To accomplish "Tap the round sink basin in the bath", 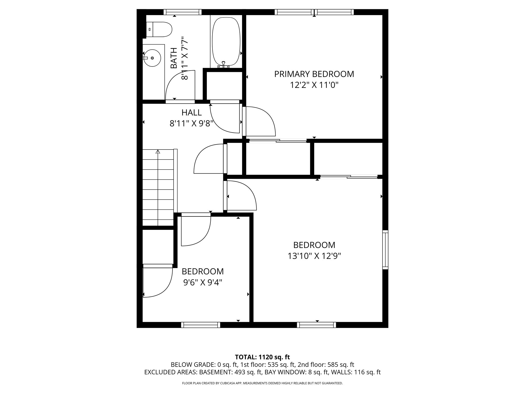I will click(152, 58).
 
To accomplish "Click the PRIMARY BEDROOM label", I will click(314, 74).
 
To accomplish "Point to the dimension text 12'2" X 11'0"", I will click(314, 85).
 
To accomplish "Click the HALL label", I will click(191, 113).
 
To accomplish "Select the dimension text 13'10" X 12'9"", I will click(314, 256).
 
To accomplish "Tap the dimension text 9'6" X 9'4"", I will click(203, 282).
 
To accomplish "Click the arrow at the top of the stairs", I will click(158, 152).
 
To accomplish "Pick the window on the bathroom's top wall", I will click(183, 12).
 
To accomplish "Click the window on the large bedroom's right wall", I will click(385, 250).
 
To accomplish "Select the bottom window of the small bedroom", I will click(201, 325).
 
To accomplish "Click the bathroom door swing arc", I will click(179, 85).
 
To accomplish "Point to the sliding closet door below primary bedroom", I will click(278, 141).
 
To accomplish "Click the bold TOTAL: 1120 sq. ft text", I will click(262, 357).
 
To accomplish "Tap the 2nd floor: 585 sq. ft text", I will click(326, 365).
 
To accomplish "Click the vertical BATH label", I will click(174, 58).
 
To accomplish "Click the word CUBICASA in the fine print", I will click(222, 383).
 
